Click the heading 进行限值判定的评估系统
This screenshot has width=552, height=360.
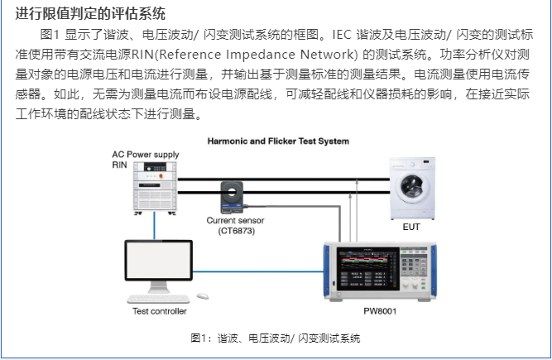pyautogui.click(x=90, y=14)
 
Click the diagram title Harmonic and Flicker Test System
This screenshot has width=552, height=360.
pyautogui.click(x=277, y=142)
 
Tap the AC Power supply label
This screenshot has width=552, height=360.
pyautogui.click(x=146, y=155)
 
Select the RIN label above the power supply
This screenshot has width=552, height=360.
pyautogui.click(x=121, y=165)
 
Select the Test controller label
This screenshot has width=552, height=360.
pyautogui.click(x=160, y=311)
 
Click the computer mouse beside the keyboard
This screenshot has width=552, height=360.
pyautogui.click(x=203, y=296)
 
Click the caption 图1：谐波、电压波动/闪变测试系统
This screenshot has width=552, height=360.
pyautogui.click(x=276, y=338)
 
